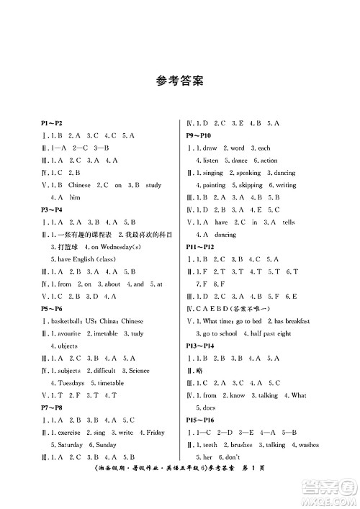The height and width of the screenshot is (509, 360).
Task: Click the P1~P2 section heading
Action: click(55, 124)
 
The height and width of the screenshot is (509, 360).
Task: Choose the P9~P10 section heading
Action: click(199, 135)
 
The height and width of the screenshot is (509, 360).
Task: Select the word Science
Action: click(140, 370)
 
